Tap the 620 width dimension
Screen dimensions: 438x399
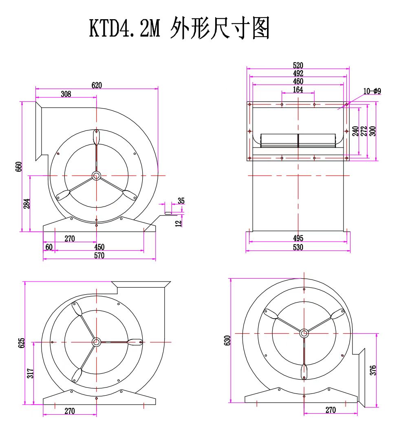pyautogui.click(x=97, y=85)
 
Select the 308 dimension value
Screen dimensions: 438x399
pyautogui.click(x=66, y=94)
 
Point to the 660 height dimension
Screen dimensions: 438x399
pyautogui.click(x=19, y=167)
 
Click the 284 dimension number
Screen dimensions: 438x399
pyautogui.click(x=27, y=203)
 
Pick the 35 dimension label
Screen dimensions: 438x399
pyautogui.click(x=181, y=201)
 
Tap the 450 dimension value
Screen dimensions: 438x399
pyautogui.click(x=99, y=247)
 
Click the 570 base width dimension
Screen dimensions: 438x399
pyautogui.click(x=99, y=255)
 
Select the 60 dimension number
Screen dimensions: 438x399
pyautogui.click(x=49, y=247)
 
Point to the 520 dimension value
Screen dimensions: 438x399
pyautogui.click(x=298, y=66)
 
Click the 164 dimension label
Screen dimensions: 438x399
pyautogui.click(x=298, y=90)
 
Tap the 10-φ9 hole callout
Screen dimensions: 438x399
pyautogui.click(x=372, y=91)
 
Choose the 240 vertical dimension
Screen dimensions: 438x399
pyautogui.click(x=355, y=131)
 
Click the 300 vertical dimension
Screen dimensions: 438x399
pyautogui.click(x=373, y=131)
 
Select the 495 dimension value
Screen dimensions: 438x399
pyautogui.click(x=298, y=238)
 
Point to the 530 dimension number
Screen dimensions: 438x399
pyautogui.click(x=298, y=247)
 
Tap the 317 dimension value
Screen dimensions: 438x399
pyautogui.click(x=31, y=373)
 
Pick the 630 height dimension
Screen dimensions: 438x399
pyautogui.click(x=227, y=340)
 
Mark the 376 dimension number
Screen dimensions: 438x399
pyautogui.click(x=373, y=370)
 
